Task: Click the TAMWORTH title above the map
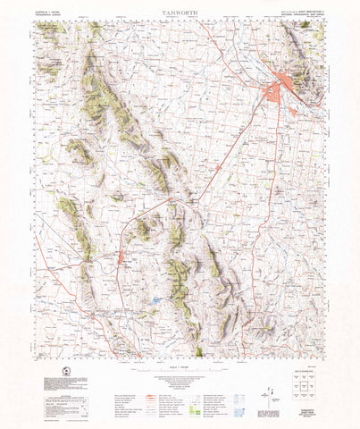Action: pos(180,13)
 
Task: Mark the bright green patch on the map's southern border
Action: pos(197,351)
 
